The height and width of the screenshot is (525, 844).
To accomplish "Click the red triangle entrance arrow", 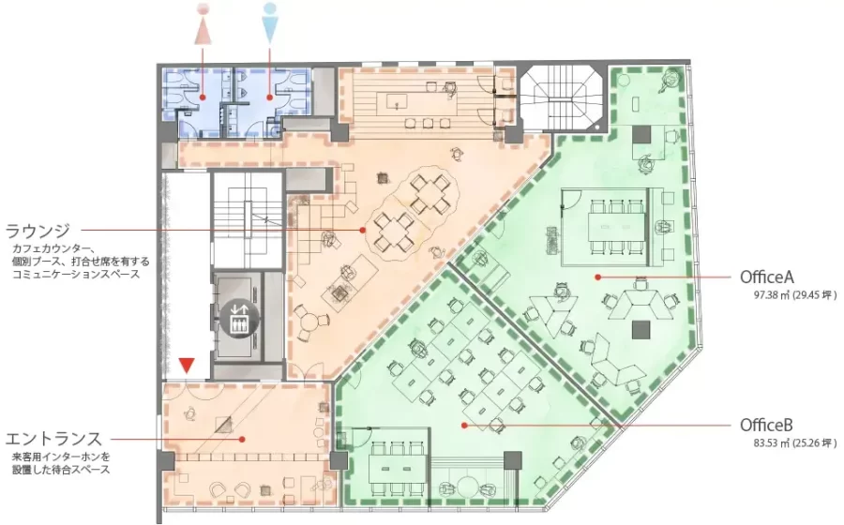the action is click(187, 366).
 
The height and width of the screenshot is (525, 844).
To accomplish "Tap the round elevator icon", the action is click(239, 317).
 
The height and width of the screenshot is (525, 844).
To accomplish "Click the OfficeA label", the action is click(767, 277).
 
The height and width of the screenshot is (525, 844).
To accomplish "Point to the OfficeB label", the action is click(766, 425).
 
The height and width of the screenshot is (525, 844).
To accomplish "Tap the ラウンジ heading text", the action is click(38, 231).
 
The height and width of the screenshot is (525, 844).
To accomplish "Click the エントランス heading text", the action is click(53, 439).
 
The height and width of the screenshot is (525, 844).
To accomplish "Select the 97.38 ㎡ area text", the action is click(795, 295).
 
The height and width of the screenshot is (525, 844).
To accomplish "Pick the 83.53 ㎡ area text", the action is click(795, 443).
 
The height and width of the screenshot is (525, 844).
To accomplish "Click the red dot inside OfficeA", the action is click(597, 277).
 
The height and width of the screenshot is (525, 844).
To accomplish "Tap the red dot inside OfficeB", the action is click(464, 425).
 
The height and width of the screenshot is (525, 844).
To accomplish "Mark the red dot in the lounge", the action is click(363, 230).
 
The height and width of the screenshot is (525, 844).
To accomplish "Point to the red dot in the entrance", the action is click(243, 439).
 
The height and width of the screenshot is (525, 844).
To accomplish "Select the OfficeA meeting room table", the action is click(617, 227).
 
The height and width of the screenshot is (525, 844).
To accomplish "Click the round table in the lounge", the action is click(309, 323).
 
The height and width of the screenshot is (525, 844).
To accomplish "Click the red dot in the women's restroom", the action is click(203, 97).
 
